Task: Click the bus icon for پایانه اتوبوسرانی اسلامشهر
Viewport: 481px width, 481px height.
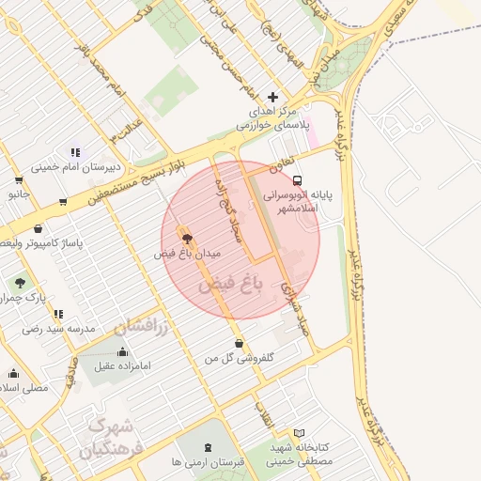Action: click(297, 179)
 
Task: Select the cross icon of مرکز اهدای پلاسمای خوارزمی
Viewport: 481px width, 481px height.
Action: click(273, 97)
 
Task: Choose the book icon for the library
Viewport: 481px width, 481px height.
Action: click(300, 433)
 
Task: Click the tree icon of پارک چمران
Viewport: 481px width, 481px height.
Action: click(20, 282)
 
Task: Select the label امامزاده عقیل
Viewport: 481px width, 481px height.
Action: click(122, 367)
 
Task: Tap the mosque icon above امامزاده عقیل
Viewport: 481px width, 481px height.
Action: click(122, 352)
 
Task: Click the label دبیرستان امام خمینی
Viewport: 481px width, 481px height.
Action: click(70, 169)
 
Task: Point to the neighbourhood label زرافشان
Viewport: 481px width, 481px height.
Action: click(141, 327)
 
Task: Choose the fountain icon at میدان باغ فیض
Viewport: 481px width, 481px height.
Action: click(186, 238)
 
